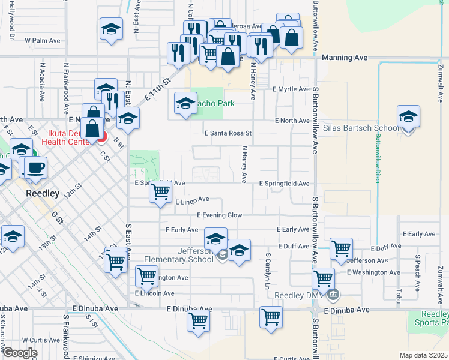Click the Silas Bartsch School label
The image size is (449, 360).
point(361,128)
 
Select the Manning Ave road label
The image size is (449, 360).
point(344,58)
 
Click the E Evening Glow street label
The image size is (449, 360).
point(219,215)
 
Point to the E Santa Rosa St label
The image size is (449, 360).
point(228,133)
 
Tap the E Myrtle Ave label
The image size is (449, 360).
point(290,89)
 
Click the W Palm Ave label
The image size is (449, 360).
point(43,41)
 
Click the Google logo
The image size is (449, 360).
point(20,353)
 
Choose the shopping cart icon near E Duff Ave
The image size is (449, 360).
point(341,247)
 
